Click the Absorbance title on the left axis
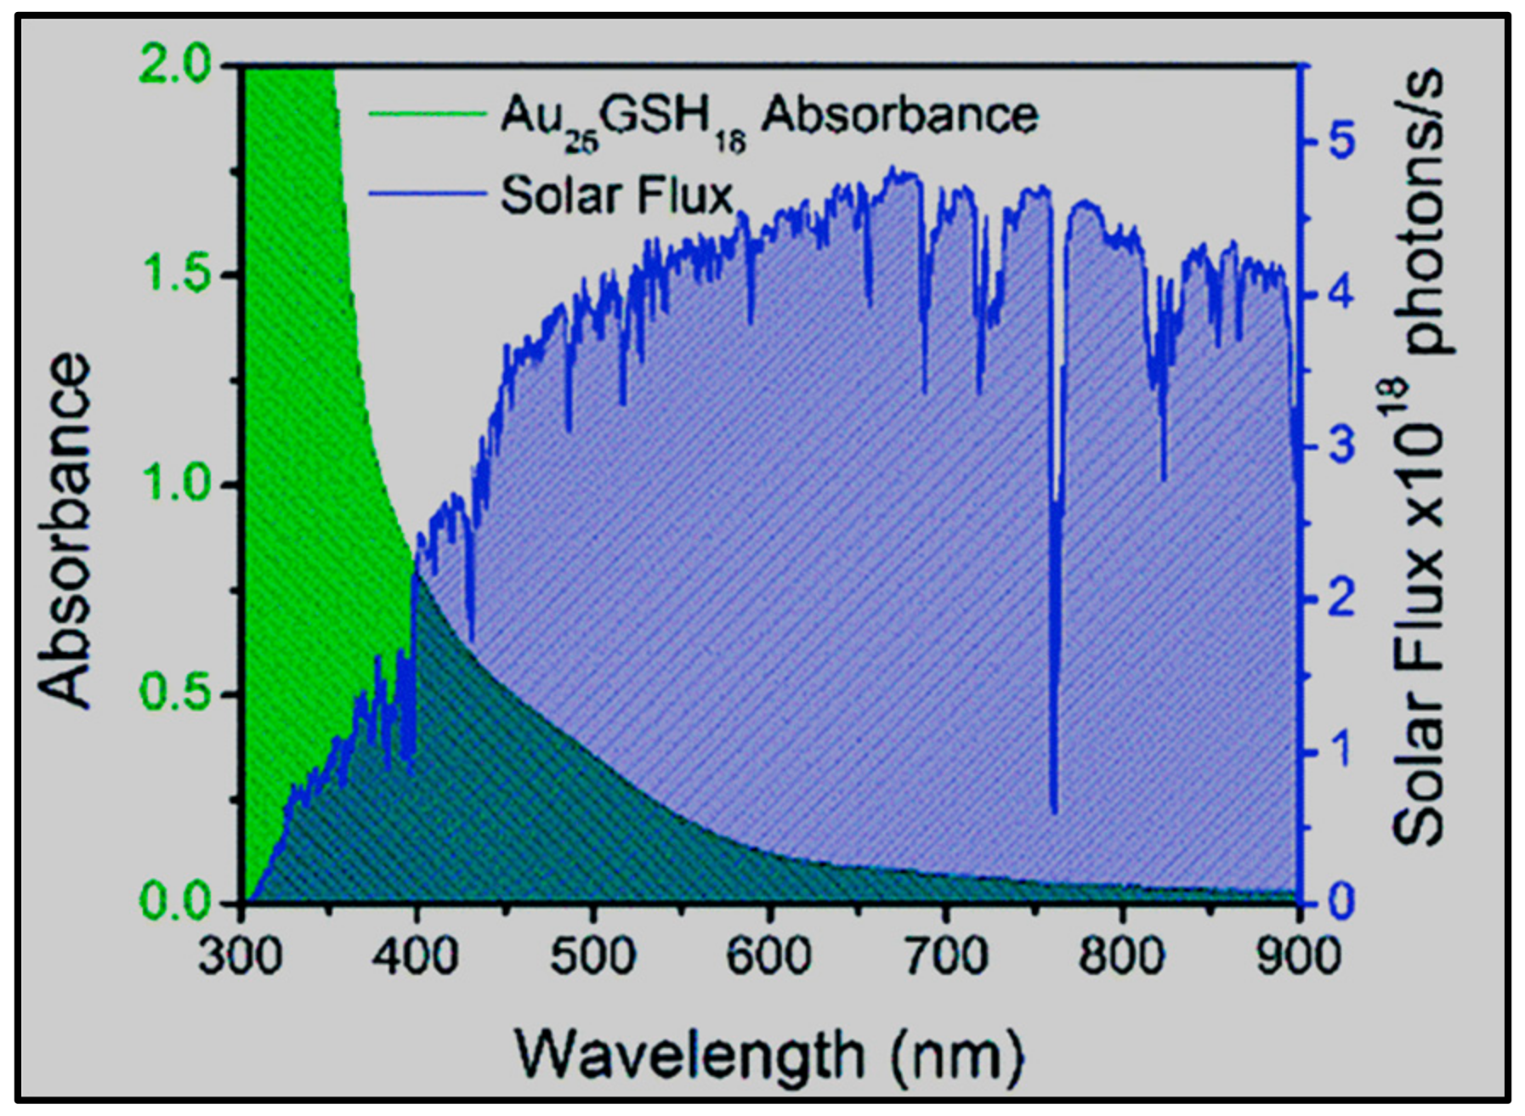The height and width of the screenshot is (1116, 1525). [65, 531]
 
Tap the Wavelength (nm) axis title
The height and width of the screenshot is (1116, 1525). [769, 1054]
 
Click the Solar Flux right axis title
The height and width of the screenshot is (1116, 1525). [1418, 459]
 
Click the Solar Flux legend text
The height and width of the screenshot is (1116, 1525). [616, 195]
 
